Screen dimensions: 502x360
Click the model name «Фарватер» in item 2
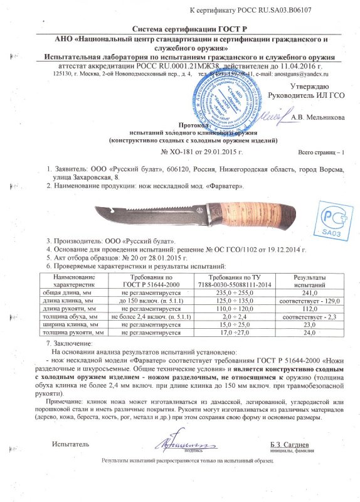224,188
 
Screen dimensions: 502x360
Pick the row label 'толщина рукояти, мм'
75,336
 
